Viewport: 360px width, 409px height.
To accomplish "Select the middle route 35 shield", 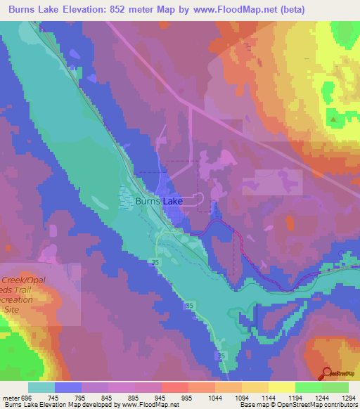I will [x=189, y=306].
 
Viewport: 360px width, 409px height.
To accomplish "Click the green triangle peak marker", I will [x=333, y=119].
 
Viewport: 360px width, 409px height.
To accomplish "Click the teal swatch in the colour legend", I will [x=41, y=387].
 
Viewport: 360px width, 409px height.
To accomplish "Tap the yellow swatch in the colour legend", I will [x=281, y=387].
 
